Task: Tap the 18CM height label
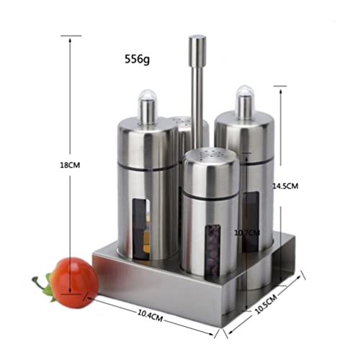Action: (70, 165)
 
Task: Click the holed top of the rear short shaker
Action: (184, 122)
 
